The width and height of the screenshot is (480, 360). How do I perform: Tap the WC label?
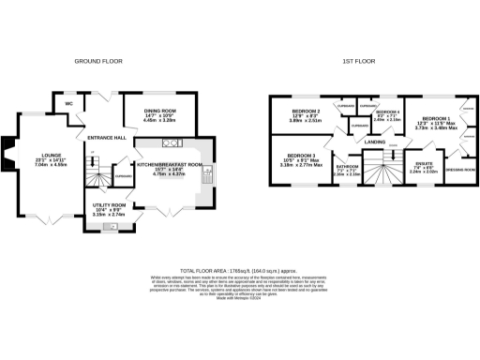point(68,103)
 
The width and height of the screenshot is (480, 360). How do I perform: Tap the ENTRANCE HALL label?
point(106,138)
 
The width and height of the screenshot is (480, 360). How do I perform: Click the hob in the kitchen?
point(172,142)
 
